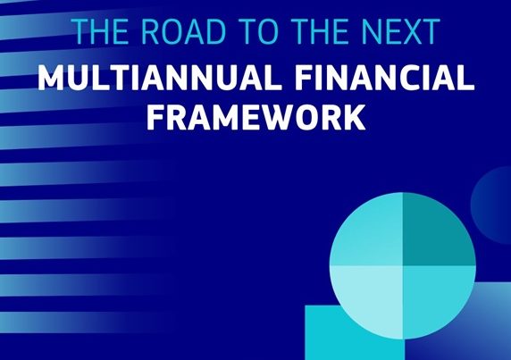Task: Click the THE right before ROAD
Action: pos(101,31)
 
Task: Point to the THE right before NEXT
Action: pos(321,31)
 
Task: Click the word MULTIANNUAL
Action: pos(160,78)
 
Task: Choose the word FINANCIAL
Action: pos(386,78)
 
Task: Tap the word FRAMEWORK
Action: pos(255,117)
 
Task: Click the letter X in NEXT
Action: pos(408,31)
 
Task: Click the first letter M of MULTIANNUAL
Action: pos(51,78)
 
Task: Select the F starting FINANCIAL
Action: pos(306,78)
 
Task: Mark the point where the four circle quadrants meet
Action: pos(403,266)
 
